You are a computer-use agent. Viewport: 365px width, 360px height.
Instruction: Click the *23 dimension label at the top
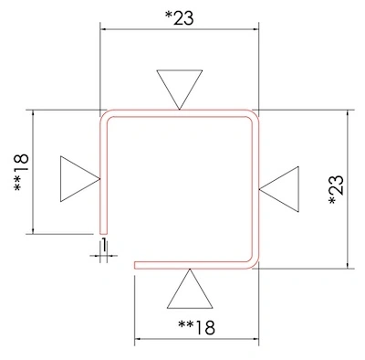point(179,17)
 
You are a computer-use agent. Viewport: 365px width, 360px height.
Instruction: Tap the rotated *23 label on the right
point(337,189)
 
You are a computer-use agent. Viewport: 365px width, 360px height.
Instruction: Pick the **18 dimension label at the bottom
point(196,327)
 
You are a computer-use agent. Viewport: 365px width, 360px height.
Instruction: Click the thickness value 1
point(104,245)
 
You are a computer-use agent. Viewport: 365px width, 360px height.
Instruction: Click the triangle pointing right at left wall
point(80,179)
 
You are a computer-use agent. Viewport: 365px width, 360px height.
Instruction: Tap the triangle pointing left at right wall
point(279,189)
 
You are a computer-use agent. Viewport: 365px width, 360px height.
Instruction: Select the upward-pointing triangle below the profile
point(190,289)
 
